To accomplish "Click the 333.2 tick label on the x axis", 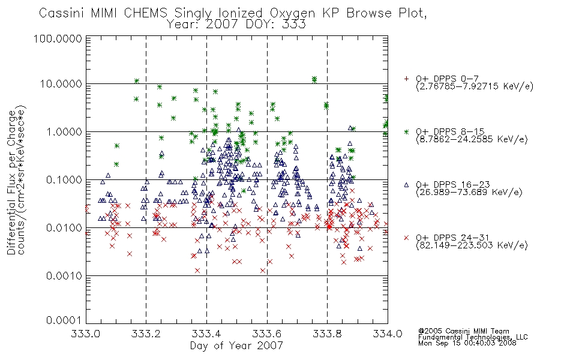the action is point(146,334).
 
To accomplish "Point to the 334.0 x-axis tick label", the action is point(388,334).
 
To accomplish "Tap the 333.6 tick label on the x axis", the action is point(267,334).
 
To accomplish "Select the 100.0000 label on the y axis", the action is point(58,38).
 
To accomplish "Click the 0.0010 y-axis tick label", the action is point(64,276).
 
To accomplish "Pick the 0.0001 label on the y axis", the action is point(64,320).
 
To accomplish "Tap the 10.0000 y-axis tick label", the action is point(61,84).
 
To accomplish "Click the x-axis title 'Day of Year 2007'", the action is point(236,346).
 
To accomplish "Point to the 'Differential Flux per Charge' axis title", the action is point(11,182).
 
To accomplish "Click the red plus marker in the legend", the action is point(406,79).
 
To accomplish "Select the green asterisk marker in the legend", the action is point(406,131).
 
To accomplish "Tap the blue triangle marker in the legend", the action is point(406,185).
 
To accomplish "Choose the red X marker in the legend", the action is point(406,238).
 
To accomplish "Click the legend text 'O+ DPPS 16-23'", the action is point(452,184).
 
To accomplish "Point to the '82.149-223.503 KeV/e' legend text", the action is point(472,245).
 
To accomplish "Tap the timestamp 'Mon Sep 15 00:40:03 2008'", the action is point(467,343).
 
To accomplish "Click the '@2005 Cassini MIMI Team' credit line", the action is point(463,331).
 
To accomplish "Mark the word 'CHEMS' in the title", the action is point(145,13).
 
